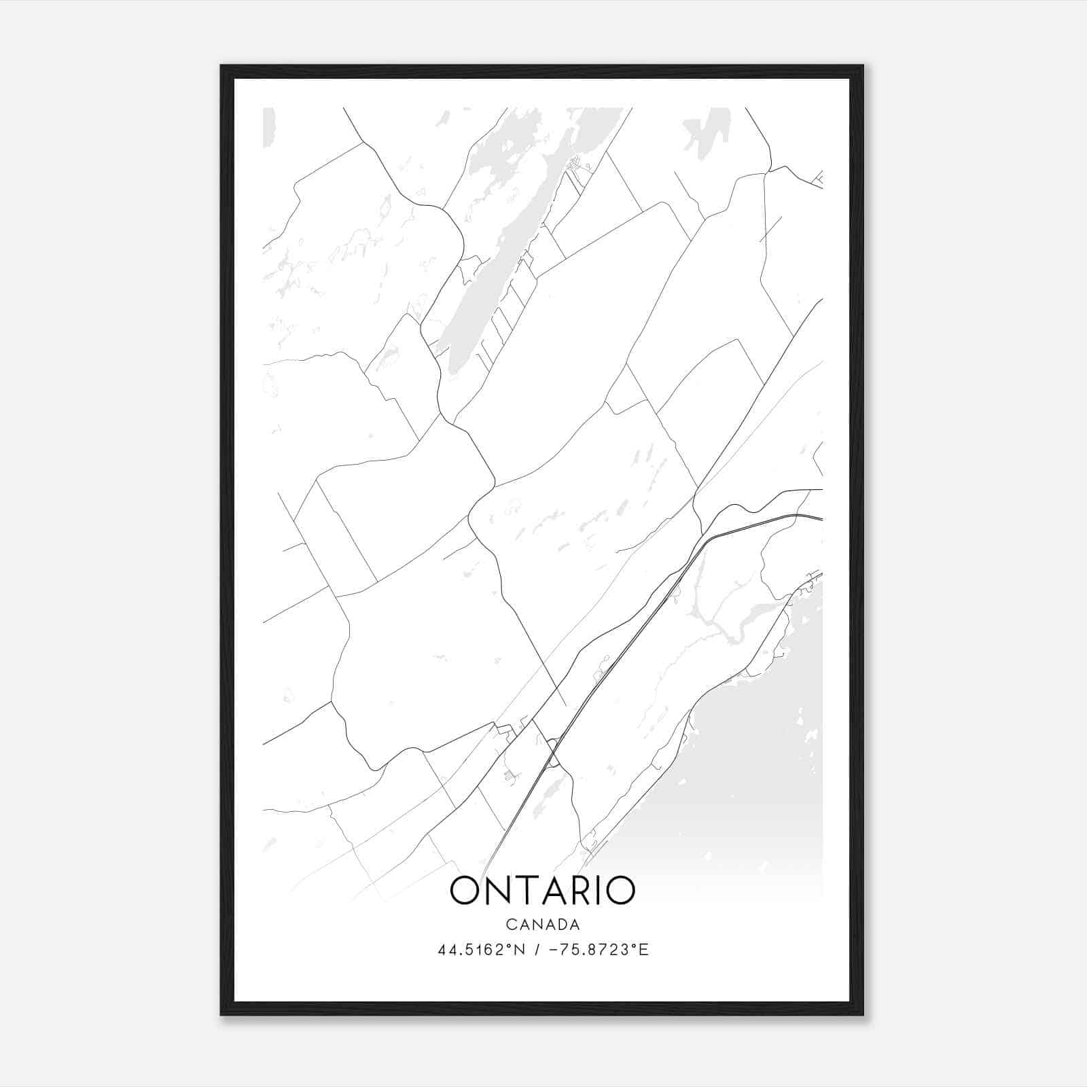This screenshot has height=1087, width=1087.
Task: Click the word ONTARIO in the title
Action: pos(542,891)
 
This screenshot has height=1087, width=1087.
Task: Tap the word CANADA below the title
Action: pos(542,925)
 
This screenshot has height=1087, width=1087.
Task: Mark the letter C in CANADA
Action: pos(510,925)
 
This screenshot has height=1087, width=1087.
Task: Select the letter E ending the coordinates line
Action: pos(645,950)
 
